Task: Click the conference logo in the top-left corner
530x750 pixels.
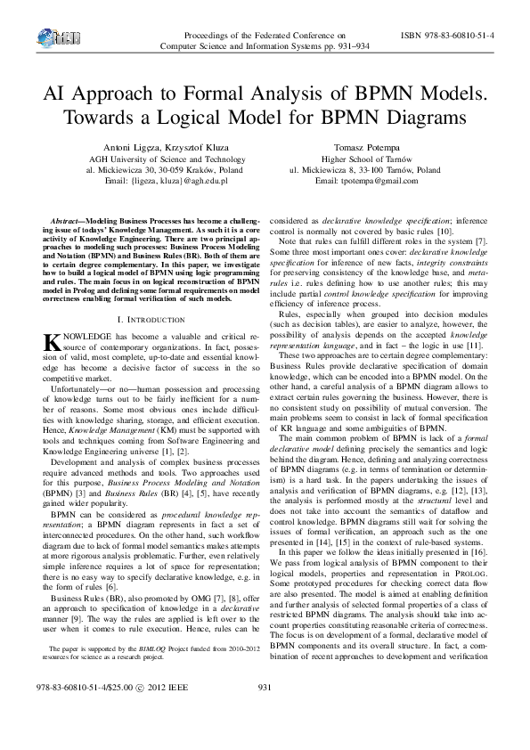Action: click(55, 37)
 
